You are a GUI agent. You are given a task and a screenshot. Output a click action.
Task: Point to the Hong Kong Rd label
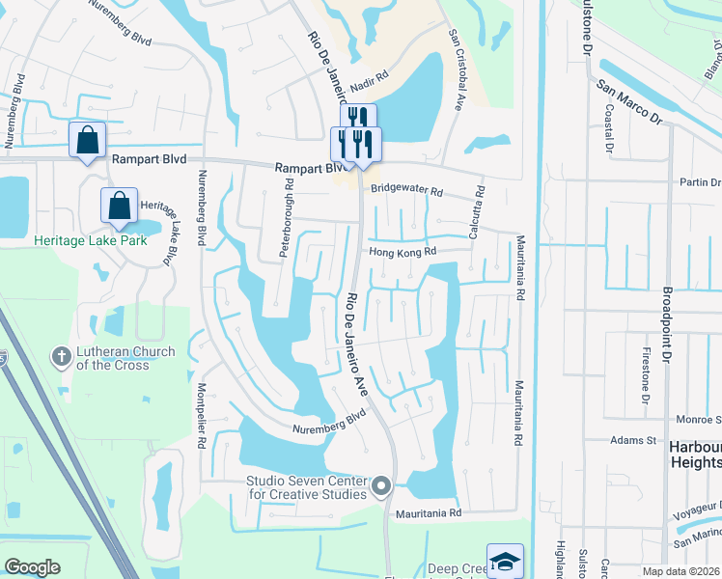coord(403,253)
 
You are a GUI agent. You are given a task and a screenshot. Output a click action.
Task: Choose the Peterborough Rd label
coord(286,217)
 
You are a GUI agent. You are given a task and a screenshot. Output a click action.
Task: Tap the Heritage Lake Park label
coord(92,240)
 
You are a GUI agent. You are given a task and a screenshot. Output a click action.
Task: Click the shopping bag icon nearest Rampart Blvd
coord(87,140)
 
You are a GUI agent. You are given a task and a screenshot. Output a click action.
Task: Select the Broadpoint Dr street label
coord(667,325)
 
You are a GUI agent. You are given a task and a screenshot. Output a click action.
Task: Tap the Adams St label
coord(633,440)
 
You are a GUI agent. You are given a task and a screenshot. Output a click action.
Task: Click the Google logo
coord(33,567)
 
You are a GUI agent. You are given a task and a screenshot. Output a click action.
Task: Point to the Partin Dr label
coord(700,182)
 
